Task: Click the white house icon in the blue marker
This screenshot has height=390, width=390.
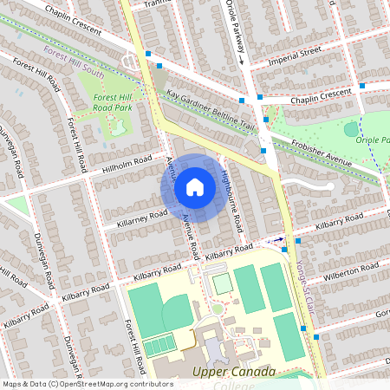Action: [x=195, y=186]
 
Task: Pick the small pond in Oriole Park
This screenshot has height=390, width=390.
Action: [x=350, y=130]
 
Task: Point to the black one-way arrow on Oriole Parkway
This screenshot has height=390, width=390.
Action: [x=243, y=57]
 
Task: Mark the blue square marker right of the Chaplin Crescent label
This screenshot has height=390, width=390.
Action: [x=362, y=87]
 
